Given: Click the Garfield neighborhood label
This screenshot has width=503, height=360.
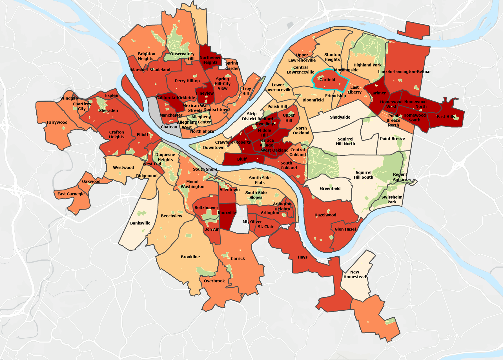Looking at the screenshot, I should coord(327,80).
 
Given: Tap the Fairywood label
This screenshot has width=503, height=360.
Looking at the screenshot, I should coord(57,122).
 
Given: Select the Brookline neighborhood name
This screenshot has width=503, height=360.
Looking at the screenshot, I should coord(190,257).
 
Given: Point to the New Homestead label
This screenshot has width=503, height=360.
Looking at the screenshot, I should coord(354,274).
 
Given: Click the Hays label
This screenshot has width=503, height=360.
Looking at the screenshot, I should coord(302,257).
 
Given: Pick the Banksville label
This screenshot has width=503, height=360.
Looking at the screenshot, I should coord(140,223).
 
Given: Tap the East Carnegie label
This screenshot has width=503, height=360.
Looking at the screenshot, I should coord(71,194).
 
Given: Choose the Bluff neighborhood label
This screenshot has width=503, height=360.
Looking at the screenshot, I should coord(242,159).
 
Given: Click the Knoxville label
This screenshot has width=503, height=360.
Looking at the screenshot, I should coord(227,213).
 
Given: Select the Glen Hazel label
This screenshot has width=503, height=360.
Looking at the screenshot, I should coord(345,229).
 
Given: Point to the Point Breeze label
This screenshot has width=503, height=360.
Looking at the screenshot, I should coord(392,139).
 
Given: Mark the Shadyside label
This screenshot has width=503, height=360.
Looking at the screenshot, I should coord(340,117).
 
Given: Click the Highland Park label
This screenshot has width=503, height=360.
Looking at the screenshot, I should coord(367,65).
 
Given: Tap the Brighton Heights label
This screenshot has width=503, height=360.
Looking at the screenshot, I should coord(146,56).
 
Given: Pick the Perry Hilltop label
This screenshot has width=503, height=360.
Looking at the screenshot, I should coord(187,81).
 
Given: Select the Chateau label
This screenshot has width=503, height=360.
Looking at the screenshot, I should coord(169,127).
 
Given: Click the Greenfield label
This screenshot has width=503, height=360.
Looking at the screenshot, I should coord(330,188).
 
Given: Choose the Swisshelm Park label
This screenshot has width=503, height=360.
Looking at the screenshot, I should coord(392,199).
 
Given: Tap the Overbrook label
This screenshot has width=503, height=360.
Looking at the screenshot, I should coord(214,281).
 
